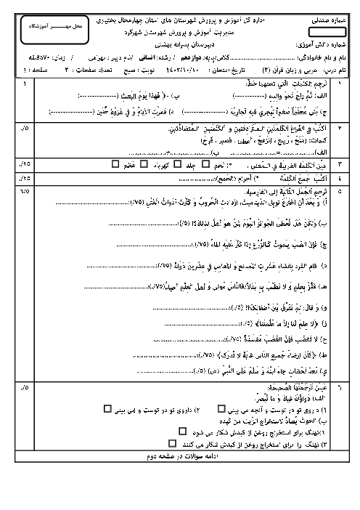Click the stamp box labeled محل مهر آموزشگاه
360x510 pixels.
pos(65,26)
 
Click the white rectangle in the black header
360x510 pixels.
pos(327,32)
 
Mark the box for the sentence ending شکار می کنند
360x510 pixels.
pos(172,442)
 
